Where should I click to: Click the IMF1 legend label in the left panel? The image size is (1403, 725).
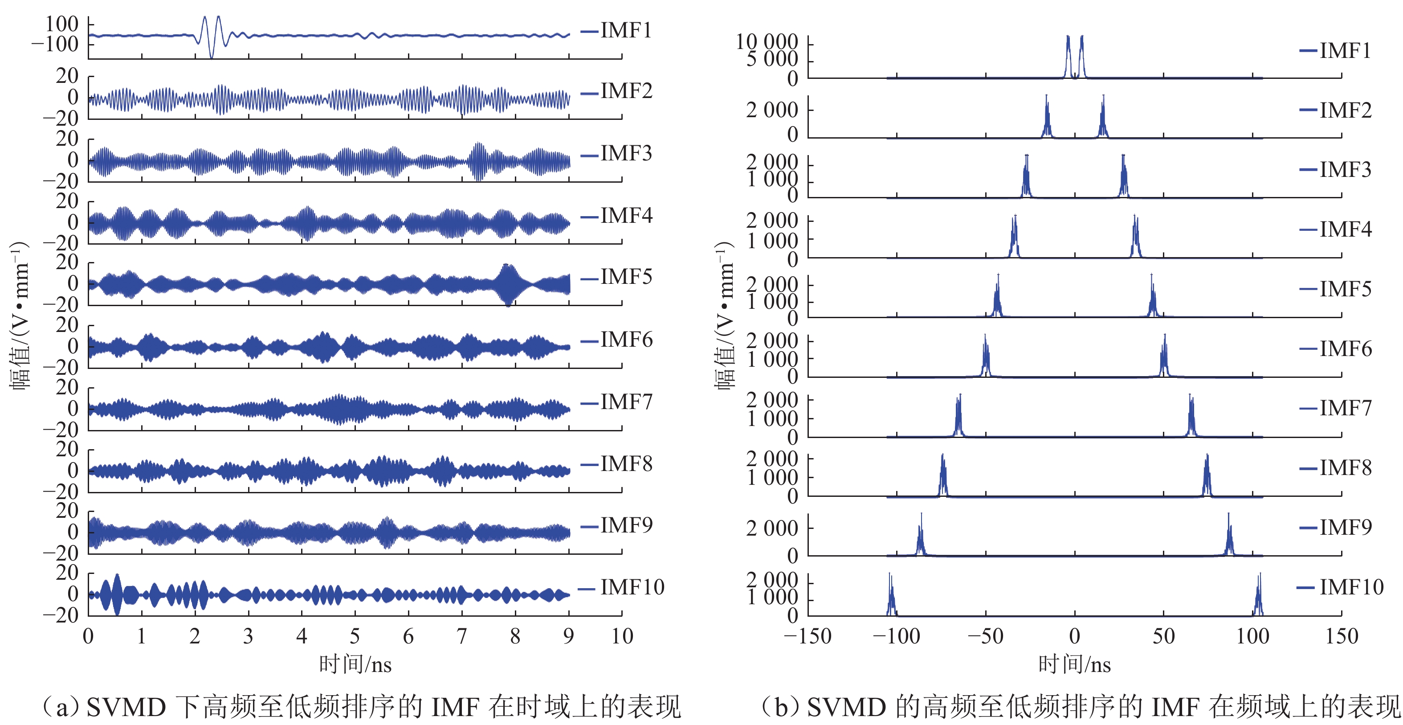(626, 30)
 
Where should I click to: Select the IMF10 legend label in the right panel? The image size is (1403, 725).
(1351, 587)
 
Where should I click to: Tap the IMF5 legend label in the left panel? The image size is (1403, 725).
(626, 277)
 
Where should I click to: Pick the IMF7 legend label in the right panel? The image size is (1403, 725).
(1345, 408)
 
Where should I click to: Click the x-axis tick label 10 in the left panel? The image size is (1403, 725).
(622, 636)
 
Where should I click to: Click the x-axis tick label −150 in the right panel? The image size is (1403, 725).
(807, 636)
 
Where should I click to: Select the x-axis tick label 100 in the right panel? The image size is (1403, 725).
(1252, 636)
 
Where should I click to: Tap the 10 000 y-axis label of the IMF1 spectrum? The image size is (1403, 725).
(767, 41)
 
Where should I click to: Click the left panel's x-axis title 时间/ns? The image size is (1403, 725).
(355, 664)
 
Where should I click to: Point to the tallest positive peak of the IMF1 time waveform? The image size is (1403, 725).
(218, 18)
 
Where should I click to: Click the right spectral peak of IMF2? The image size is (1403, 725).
(1103, 117)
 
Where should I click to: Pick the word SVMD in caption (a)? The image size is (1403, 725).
(126, 708)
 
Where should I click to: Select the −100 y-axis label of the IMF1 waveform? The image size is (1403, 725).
(55, 45)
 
